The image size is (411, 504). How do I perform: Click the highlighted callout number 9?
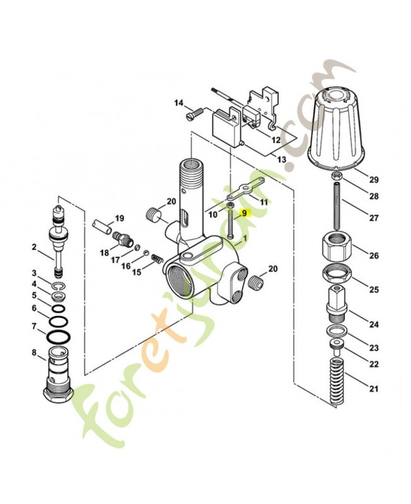pyautogui.click(x=245, y=214)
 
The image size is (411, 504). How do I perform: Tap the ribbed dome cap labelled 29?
pyautogui.click(x=339, y=129)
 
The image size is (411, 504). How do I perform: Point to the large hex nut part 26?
pyautogui.click(x=338, y=246)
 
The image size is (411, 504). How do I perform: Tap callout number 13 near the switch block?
pyautogui.click(x=281, y=160)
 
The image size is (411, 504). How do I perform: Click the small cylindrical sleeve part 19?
pyautogui.click(x=101, y=224)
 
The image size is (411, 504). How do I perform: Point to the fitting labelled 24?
pyautogui.click(x=337, y=302)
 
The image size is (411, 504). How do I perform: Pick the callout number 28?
pyautogui.click(x=374, y=197)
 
